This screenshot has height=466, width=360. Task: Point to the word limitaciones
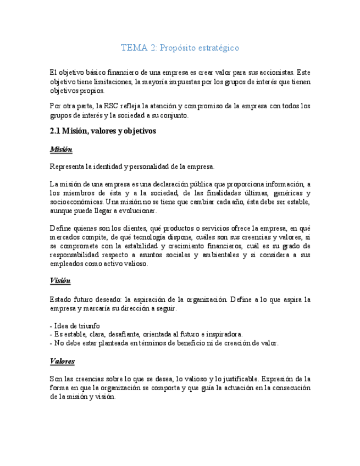tap(108, 81)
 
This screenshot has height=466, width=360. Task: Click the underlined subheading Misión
tap(61, 149)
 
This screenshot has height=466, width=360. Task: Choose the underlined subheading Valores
tap(62, 361)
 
